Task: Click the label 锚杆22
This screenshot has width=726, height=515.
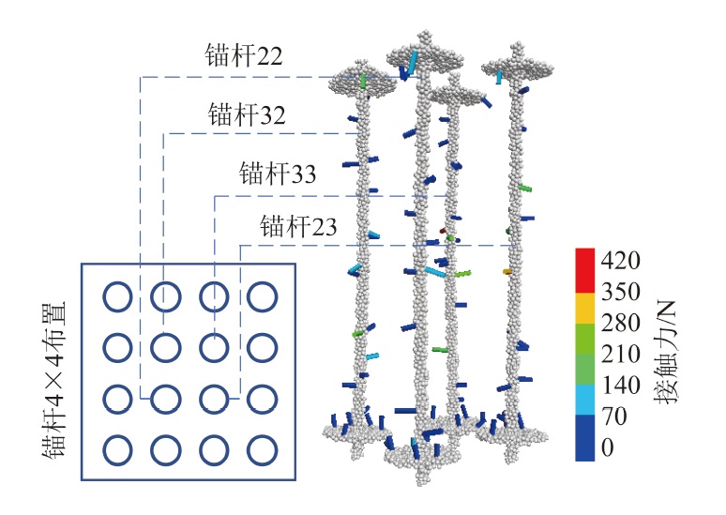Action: (244, 55)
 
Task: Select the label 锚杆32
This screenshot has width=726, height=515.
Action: (247, 114)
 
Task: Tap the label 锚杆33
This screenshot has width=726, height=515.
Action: (278, 174)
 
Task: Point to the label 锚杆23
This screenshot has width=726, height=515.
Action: (298, 226)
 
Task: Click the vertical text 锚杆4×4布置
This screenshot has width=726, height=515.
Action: (54, 380)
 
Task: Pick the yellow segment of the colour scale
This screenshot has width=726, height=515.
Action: (584, 308)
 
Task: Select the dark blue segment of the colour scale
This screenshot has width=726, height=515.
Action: (584, 438)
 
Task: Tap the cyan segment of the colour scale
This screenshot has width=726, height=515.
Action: (584, 400)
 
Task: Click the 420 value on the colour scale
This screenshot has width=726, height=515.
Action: (620, 260)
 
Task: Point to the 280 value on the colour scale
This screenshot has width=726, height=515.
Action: (620, 323)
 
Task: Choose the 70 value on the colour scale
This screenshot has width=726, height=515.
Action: (614, 416)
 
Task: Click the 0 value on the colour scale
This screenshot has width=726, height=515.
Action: (608, 447)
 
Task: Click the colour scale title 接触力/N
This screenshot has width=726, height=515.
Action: (665, 353)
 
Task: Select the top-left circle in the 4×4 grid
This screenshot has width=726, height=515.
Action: (117, 296)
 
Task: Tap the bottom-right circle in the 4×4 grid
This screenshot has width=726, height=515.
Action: (262, 450)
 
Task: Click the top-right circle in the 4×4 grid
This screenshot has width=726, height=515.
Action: (262, 296)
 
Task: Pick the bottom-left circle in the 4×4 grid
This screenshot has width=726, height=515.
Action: (117, 450)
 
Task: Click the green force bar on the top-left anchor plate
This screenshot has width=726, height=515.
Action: (363, 81)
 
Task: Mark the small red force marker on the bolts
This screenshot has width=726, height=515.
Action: (443, 230)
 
